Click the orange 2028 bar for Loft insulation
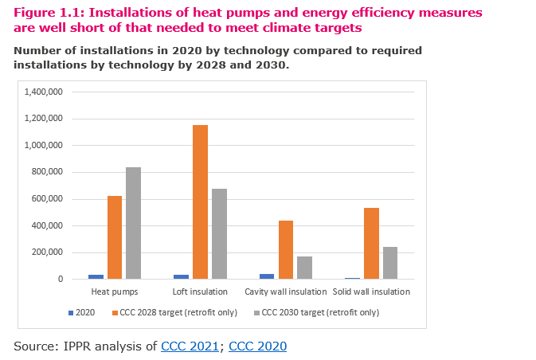(x=200, y=202)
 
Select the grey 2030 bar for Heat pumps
(x=134, y=224)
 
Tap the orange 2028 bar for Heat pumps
(x=115, y=237)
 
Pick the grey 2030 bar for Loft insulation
(x=219, y=234)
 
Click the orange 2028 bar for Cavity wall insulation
(x=285, y=250)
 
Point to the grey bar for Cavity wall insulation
(x=304, y=268)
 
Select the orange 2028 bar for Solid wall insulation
(x=371, y=244)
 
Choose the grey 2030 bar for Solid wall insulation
(x=390, y=263)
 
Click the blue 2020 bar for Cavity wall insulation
(x=267, y=276)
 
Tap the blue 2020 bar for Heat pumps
(x=96, y=276)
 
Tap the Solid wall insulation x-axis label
(x=372, y=292)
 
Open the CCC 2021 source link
(x=190, y=346)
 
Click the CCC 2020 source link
(x=257, y=346)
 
